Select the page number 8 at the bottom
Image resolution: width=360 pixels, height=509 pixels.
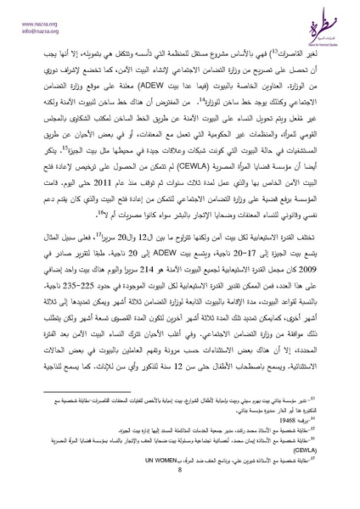pos(180,490)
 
